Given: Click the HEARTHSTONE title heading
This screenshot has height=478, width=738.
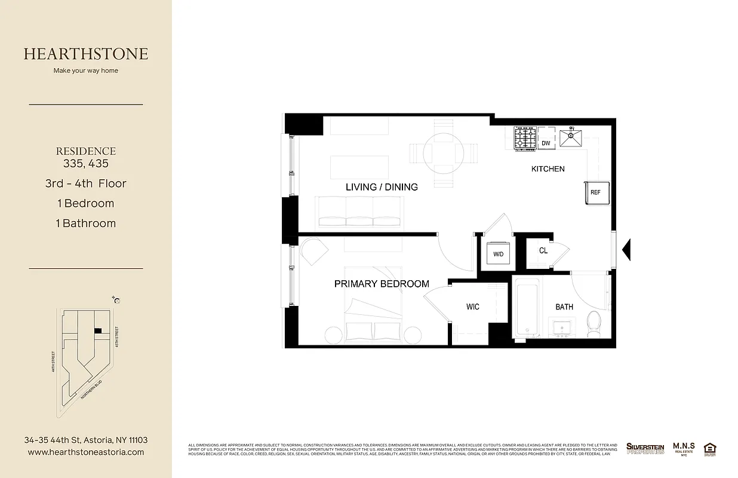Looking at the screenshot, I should [x=86, y=54].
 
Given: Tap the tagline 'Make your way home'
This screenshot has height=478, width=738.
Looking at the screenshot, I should [x=86, y=71].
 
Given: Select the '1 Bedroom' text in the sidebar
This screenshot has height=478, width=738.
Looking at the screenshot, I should [x=85, y=203].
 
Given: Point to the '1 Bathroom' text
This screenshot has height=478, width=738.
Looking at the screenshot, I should [x=86, y=223].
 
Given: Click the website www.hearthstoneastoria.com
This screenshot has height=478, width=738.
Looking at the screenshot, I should [x=86, y=452].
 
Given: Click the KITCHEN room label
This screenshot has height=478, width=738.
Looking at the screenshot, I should [x=548, y=169].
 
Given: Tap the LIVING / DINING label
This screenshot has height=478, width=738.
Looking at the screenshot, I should [x=382, y=187].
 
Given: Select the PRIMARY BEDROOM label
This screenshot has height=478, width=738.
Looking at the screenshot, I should [x=382, y=284].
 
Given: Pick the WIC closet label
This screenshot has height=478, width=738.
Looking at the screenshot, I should [x=472, y=307].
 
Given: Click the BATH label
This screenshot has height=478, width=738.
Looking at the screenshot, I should [x=564, y=307].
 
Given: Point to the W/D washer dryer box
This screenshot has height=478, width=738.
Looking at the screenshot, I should [x=498, y=253].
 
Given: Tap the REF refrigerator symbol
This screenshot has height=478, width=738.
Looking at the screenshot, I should [x=595, y=192].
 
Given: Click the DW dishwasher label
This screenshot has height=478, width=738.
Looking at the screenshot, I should [x=546, y=143].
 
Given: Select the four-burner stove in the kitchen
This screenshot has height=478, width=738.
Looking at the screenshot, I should [x=525, y=138].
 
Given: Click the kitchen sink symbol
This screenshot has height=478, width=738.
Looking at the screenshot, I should [x=571, y=137].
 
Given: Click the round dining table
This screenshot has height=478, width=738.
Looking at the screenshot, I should [x=442, y=152].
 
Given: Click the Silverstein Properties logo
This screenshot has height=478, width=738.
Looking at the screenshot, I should [x=645, y=448].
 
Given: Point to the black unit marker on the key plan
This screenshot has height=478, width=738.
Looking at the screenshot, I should [x=98, y=330].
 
